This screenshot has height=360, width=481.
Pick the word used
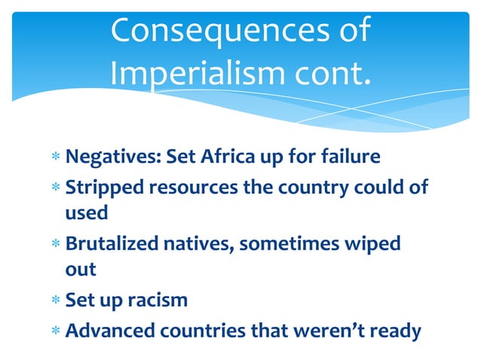tap(87, 214)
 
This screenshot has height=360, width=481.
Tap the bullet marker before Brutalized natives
tap(56, 245)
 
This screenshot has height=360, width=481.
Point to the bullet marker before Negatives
tap(56, 157)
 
